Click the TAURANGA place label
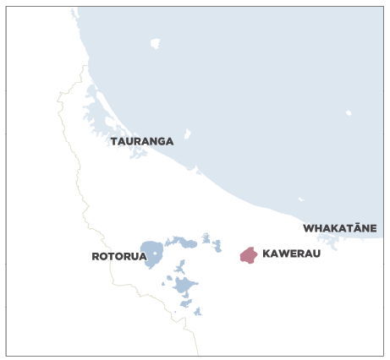pyautogui.click(x=141, y=141)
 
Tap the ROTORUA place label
pyautogui.click(x=119, y=256)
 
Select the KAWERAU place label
pyautogui.click(x=292, y=254)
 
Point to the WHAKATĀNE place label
pyautogui.click(x=339, y=228)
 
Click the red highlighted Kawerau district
pyautogui.click(x=248, y=255)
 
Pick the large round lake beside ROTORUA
pyautogui.click(x=152, y=253)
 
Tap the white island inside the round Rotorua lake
pyautogui.click(x=154, y=253)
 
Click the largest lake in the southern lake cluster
pyautogui.click(x=184, y=285)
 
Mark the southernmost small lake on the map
pyautogui.click(x=198, y=312)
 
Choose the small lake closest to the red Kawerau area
pyautogui.click(x=217, y=246)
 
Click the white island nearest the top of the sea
pyautogui.click(x=154, y=43)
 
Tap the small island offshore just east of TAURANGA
pyautogui.click(x=187, y=134)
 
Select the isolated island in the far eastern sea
pyautogui.click(x=349, y=112)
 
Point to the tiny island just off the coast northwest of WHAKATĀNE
pyautogui.click(x=300, y=200)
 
